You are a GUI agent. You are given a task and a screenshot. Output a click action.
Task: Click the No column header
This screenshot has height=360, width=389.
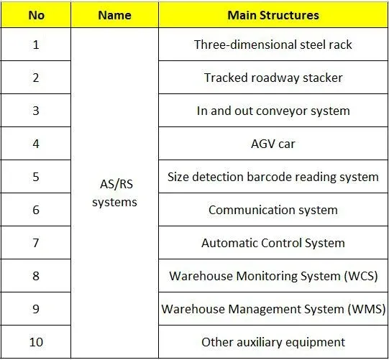pos(37,15)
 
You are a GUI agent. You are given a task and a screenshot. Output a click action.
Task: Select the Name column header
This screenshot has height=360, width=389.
pos(114,15)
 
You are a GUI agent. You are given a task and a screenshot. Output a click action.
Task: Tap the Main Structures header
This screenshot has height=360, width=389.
pos(273,15)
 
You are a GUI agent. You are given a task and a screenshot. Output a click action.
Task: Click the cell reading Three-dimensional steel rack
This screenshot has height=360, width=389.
pos(273,45)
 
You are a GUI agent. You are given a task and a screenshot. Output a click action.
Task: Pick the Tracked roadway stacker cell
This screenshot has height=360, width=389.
pos(273,78)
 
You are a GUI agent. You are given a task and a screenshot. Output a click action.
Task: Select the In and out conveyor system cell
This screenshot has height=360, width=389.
pos(273,111)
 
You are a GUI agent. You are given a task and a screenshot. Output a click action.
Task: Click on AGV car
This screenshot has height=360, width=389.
pos(273,144)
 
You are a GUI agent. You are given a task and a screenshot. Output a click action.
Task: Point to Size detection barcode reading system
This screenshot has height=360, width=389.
pos(273,177)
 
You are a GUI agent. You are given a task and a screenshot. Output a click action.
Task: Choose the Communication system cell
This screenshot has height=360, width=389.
pos(273,210)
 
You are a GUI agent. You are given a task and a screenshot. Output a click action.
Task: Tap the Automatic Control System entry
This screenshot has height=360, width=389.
pos(273,243)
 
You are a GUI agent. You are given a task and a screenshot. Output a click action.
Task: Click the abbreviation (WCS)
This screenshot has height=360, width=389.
pos(361,276)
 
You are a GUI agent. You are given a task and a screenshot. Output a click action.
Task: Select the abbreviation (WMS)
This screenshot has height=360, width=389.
pos(367,309)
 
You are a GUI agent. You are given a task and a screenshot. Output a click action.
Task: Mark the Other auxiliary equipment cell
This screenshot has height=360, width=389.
pos(273,343)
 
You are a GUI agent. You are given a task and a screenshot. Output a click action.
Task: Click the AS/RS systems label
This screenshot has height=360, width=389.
pos(114,193)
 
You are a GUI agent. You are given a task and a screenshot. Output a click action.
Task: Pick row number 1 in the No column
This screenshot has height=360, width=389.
pos(36,45)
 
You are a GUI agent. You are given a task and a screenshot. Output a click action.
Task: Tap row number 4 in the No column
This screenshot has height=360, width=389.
pos(36,144)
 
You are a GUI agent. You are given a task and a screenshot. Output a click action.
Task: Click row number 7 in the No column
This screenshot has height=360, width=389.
pos(36,243)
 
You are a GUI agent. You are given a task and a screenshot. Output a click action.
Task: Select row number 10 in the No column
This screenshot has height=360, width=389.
pos(36,342)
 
